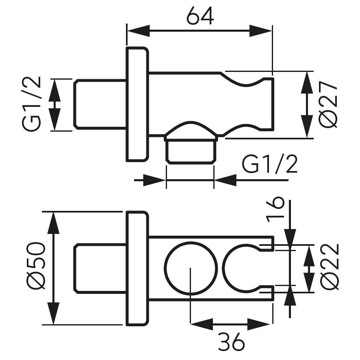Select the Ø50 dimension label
pyautogui.click(x=36, y=266)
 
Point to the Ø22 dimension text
pyautogui.click(x=330, y=267)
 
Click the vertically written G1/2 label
pyautogui.click(x=31, y=104)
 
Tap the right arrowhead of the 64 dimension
pyautogui.click(x=260, y=30)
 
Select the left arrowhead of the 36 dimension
pyautogui.click(x=202, y=324)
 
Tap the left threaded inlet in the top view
pyautogui.click(x=100, y=105)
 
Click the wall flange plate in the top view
pyautogui.click(x=137, y=104)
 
